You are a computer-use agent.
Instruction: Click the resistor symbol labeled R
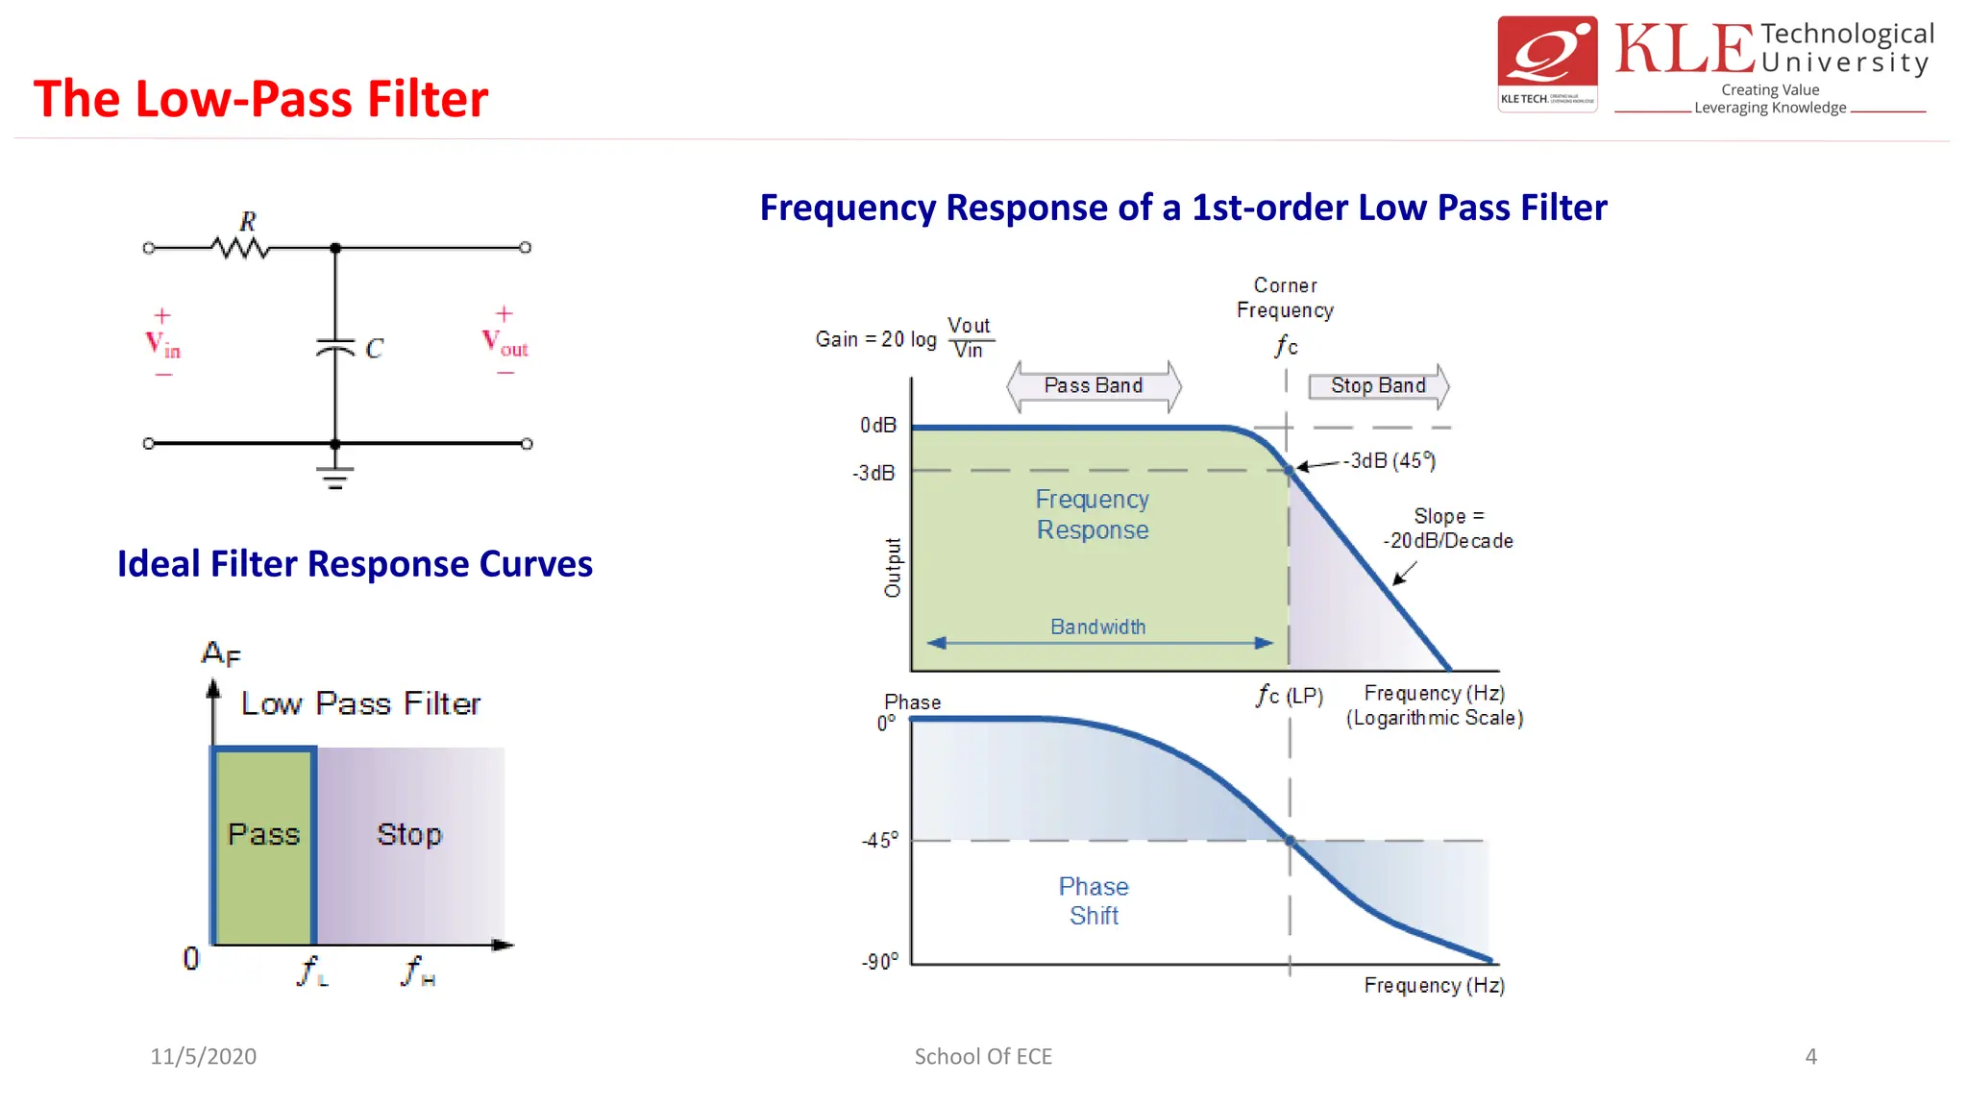[x=240, y=248]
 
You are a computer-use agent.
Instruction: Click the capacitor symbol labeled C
[x=335, y=347]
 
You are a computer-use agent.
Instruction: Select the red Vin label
[x=162, y=344]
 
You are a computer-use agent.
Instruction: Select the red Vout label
[x=504, y=342]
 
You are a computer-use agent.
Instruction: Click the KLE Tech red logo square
[x=1547, y=63]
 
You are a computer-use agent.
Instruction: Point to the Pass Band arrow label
[x=1094, y=386]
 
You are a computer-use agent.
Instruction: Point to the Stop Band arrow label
[x=1378, y=386]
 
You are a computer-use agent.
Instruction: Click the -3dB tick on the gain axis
[x=874, y=473]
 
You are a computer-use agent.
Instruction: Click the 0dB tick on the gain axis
[x=878, y=426]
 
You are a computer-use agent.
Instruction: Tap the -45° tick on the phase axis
[x=880, y=841]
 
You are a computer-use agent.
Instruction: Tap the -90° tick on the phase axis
[x=880, y=962]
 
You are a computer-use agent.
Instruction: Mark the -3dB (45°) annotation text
[x=1390, y=461]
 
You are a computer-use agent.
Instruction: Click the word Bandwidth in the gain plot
[x=1097, y=627]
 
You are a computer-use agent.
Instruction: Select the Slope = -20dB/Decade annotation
[x=1448, y=529]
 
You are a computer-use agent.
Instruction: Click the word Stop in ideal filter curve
[x=409, y=834]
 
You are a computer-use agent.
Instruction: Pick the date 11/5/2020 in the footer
[x=204, y=1057]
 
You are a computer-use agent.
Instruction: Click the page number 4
[x=1810, y=1057]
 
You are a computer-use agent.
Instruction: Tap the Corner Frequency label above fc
[x=1285, y=298]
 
